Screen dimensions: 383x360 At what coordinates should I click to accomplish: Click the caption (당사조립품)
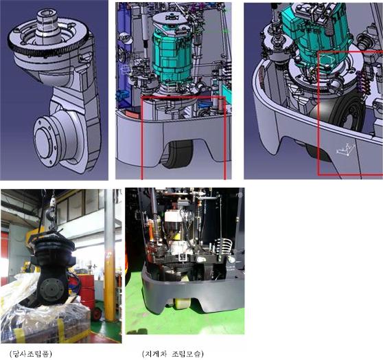[x=30, y=354]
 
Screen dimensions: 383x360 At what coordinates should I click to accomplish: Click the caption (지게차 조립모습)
[x=172, y=354]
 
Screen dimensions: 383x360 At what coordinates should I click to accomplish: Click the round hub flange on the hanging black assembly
[x=51, y=290]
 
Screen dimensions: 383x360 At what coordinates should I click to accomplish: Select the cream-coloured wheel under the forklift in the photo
[x=180, y=303]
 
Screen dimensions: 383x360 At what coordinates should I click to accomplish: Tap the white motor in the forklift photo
[x=176, y=227]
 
